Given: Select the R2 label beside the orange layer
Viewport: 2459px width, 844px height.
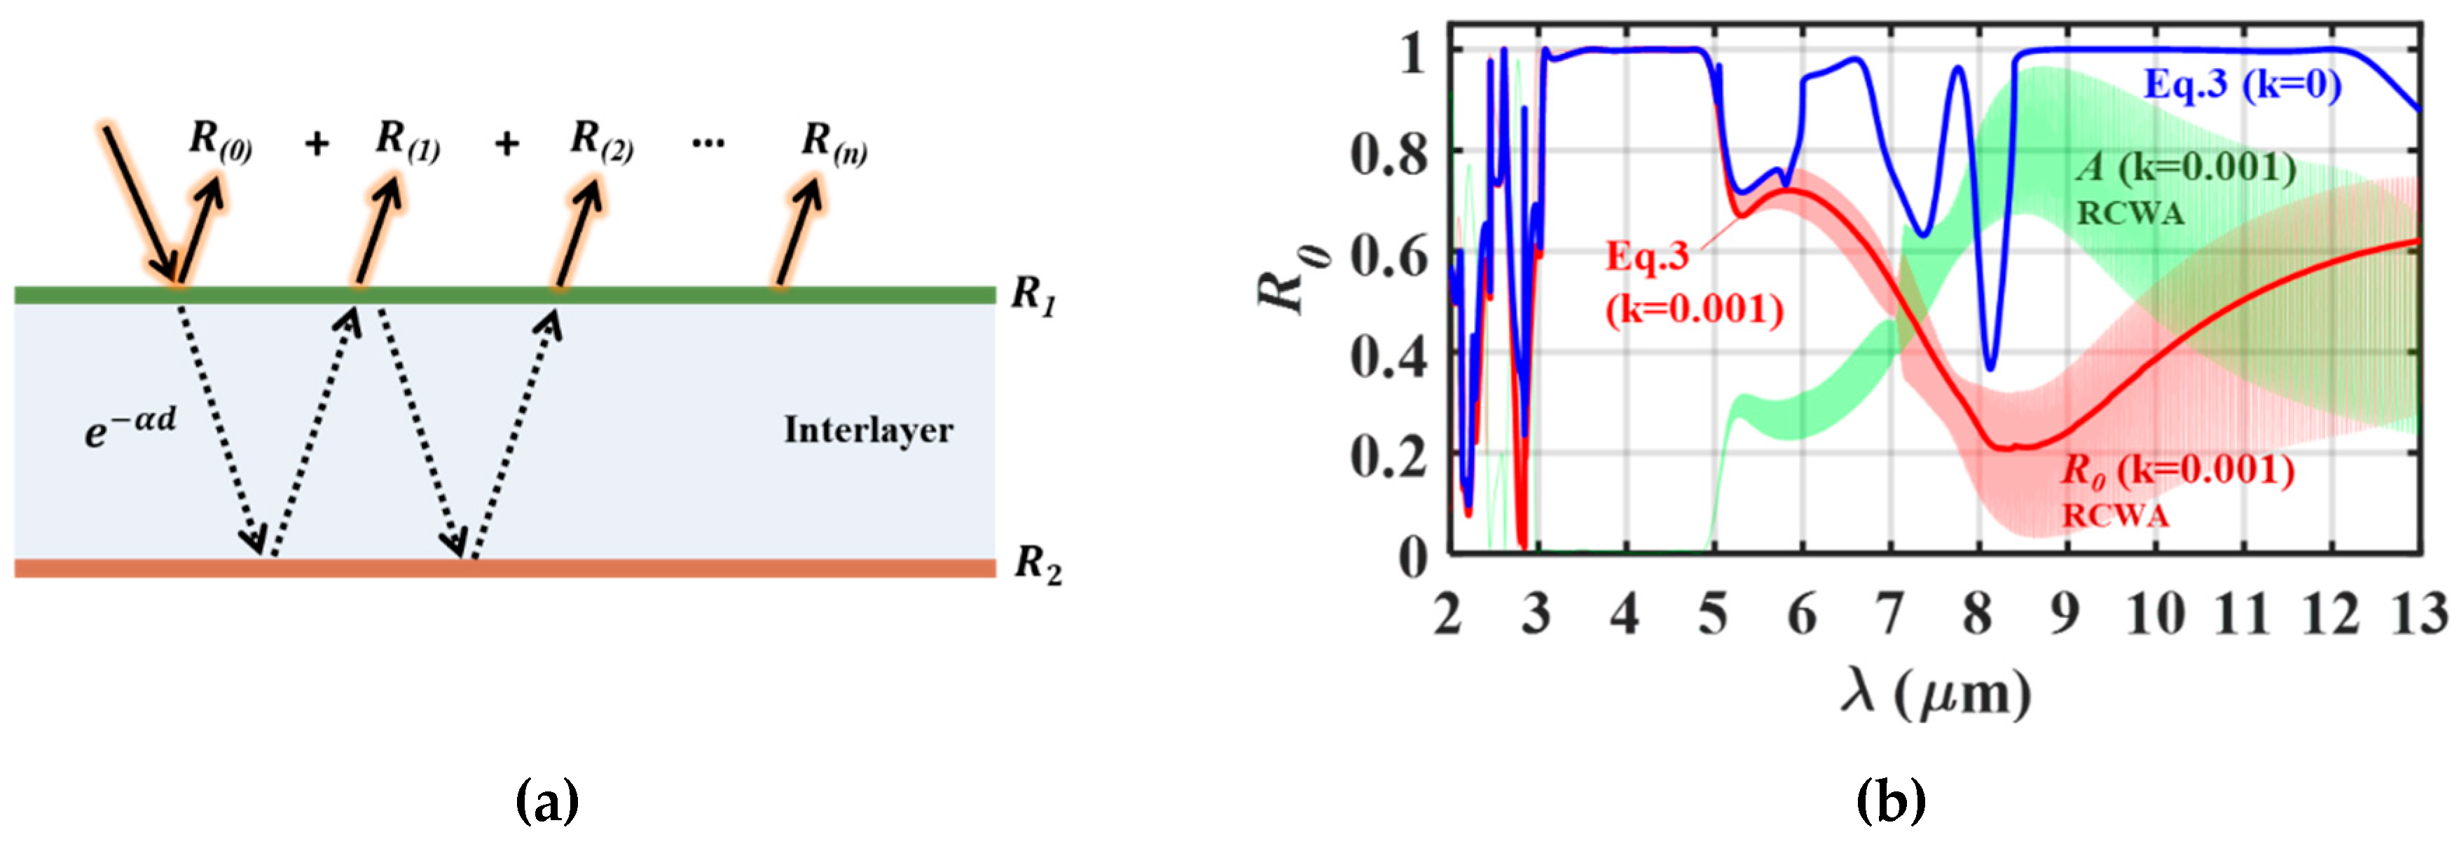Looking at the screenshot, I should coord(1037,565).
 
